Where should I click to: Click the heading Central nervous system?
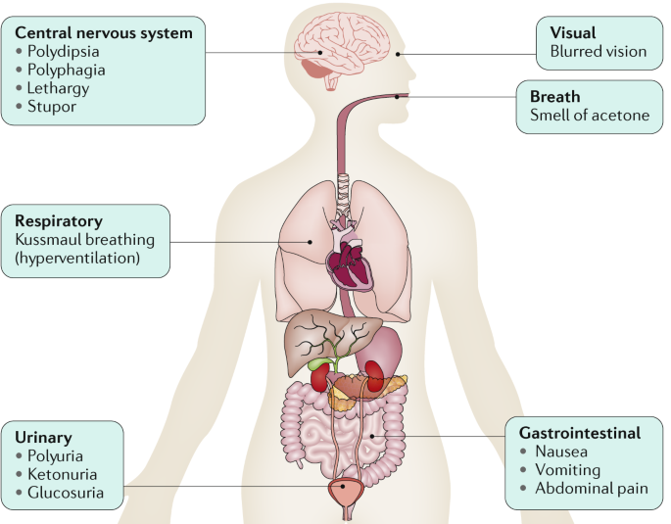(x=103, y=32)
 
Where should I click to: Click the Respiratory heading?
(x=61, y=221)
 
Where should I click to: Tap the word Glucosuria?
(x=65, y=493)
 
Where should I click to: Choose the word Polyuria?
(x=56, y=455)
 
